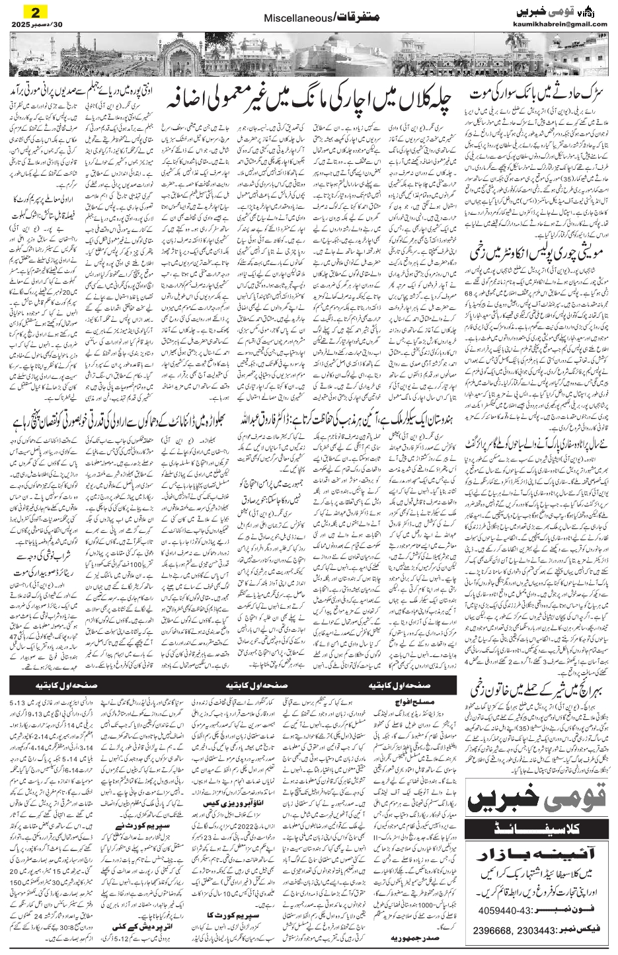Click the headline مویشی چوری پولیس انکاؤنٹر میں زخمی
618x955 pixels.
click(539, 252)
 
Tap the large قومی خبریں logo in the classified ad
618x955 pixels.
click(537, 799)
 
